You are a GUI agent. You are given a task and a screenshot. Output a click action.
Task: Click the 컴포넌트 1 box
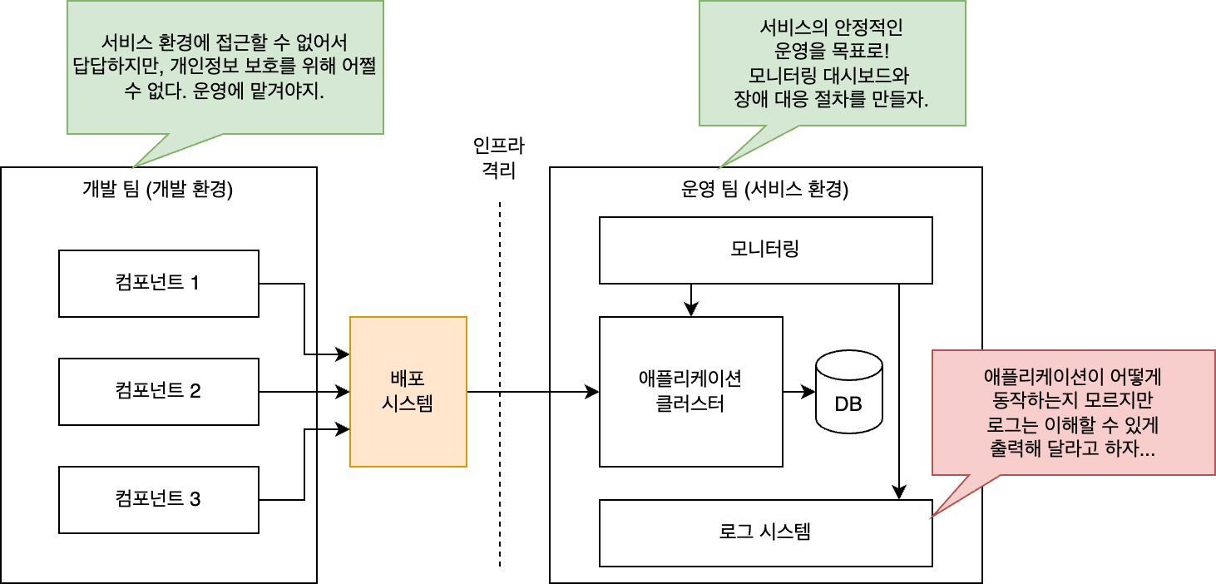(x=159, y=284)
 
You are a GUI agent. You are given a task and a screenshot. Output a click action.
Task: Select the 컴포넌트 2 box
(x=159, y=391)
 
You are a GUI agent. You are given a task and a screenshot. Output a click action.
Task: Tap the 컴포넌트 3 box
(x=159, y=499)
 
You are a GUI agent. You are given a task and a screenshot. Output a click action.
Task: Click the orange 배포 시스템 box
(x=408, y=391)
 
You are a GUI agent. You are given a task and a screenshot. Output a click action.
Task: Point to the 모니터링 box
(x=765, y=250)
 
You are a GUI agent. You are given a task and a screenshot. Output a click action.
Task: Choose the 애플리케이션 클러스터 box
(x=690, y=391)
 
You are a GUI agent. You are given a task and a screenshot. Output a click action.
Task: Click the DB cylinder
(x=849, y=391)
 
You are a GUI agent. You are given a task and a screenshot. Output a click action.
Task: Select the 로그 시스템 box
(x=765, y=532)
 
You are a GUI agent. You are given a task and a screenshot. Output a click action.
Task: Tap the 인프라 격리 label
(x=499, y=157)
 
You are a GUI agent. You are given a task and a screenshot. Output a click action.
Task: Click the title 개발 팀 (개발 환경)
(x=157, y=189)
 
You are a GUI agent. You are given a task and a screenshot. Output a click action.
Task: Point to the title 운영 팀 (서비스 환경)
(x=764, y=189)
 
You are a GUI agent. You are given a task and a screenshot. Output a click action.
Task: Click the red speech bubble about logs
(x=1073, y=413)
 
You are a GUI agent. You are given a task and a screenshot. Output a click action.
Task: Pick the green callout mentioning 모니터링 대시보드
(x=833, y=63)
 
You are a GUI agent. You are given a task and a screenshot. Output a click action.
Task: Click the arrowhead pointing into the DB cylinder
(x=808, y=391)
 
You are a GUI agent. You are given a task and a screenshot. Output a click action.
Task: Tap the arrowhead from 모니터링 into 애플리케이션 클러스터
(x=690, y=309)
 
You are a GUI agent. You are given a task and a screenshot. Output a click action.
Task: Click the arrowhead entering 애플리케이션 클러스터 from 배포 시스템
(x=591, y=391)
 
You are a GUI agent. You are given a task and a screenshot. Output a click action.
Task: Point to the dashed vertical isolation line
(x=499, y=384)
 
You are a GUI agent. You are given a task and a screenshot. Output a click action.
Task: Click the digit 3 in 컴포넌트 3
(x=195, y=499)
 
